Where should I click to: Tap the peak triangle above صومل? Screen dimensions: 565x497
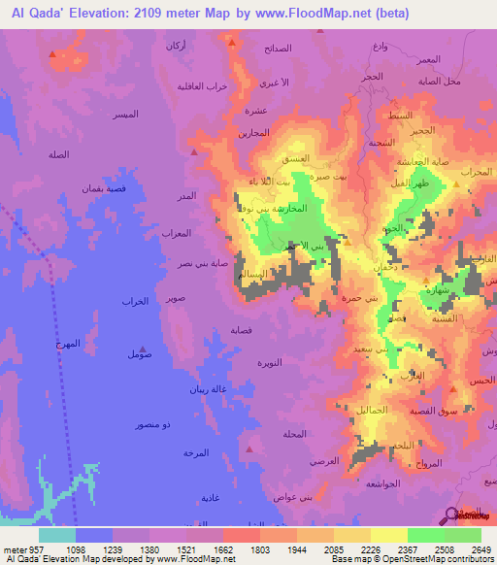point(144,347)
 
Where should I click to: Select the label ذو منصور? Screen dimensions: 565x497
point(153,425)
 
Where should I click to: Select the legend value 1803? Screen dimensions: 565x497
point(240,549)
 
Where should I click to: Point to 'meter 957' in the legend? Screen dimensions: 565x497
point(21,549)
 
